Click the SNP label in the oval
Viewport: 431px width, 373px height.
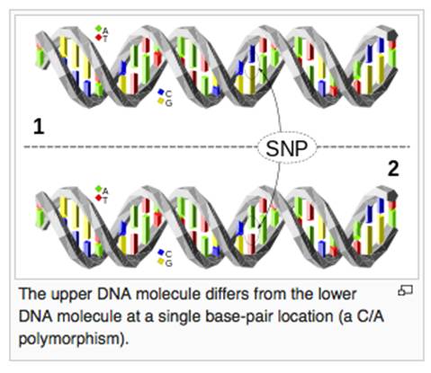click(287, 148)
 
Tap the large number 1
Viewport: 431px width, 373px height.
click(39, 127)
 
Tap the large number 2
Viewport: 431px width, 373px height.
click(393, 169)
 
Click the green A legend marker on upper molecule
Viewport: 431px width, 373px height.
click(98, 29)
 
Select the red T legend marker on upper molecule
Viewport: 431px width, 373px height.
click(99, 37)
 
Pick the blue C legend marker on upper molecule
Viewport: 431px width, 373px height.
click(161, 92)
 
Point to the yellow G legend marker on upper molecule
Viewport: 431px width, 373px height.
click(161, 101)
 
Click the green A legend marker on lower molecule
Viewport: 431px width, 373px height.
click(98, 189)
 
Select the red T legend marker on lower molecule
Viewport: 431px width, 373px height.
click(99, 198)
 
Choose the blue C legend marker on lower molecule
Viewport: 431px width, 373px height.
click(161, 252)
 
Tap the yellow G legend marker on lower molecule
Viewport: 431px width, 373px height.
click(161, 262)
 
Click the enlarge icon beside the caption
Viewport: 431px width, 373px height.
click(405, 290)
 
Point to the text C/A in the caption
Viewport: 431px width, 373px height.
click(371, 316)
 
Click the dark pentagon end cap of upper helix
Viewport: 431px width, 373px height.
click(392, 35)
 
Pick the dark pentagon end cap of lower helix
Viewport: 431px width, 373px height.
click(392, 195)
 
